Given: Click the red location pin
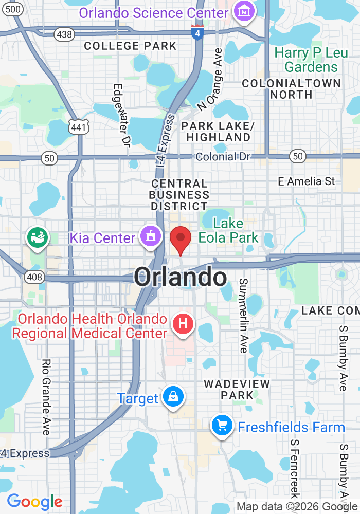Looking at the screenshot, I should (181, 240).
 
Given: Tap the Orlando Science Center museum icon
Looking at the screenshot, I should (244, 11).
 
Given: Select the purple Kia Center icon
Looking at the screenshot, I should (150, 237).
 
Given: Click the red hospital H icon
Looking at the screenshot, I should (182, 324).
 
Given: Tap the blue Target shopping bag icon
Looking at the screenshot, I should (173, 397).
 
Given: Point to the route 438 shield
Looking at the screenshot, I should (65, 34).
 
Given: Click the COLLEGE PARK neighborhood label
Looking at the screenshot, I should (130, 46).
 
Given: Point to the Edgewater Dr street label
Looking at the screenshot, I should (120, 116).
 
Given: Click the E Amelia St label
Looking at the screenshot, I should (307, 181).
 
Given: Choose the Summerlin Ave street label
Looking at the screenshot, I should (243, 315).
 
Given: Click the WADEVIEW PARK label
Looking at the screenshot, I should (237, 390).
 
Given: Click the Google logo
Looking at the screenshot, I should (34, 502).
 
